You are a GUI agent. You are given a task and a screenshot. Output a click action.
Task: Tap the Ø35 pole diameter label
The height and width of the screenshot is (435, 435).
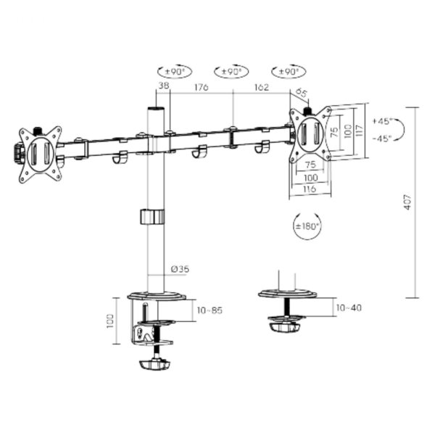tap(180, 269)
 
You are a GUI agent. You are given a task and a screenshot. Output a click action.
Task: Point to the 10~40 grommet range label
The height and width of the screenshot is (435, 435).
tap(348, 307)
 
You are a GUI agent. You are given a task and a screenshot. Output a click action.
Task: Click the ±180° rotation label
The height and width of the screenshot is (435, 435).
tap(306, 226)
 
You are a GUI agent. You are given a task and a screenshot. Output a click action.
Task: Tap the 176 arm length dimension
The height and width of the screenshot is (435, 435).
tap(201, 88)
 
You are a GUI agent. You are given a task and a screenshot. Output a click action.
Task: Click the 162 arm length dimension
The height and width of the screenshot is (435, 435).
tap(262, 88)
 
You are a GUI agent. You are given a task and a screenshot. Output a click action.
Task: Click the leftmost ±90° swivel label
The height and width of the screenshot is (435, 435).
tap(173, 72)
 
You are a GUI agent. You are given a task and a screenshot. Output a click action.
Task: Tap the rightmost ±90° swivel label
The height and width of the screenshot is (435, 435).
tap(288, 72)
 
